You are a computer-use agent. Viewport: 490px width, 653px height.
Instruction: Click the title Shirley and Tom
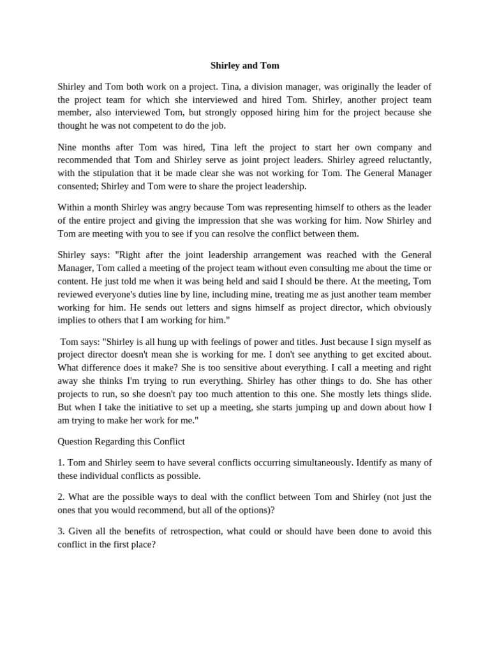click(245, 66)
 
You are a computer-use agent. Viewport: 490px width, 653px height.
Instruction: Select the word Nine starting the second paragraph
click(68, 147)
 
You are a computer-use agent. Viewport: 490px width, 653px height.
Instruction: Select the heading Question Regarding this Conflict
click(121, 441)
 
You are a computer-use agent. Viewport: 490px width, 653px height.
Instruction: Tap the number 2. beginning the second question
click(61, 497)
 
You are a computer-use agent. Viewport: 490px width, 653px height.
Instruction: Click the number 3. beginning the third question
click(61, 531)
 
